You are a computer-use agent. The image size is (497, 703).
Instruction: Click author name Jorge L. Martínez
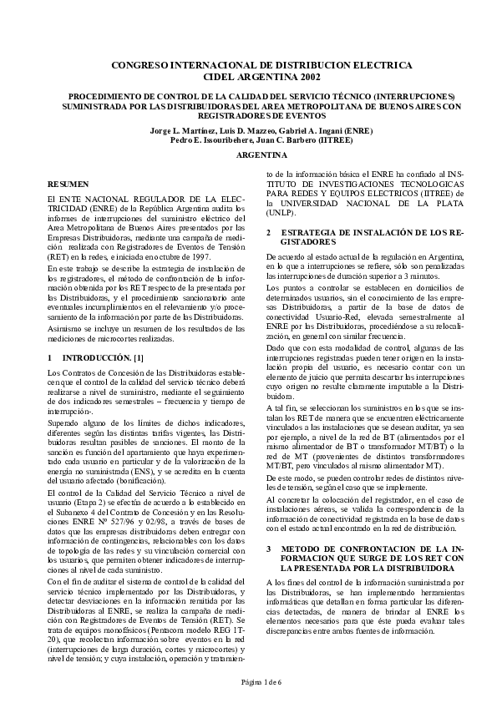(x=178, y=131)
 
